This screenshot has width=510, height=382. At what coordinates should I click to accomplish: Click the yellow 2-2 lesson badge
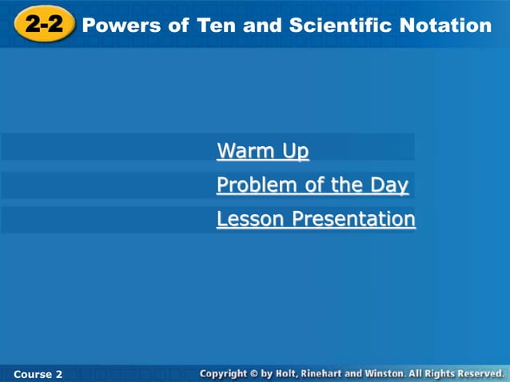(x=44, y=25)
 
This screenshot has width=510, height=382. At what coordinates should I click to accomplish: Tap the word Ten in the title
(x=215, y=26)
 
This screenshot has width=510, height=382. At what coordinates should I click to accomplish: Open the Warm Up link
(x=262, y=150)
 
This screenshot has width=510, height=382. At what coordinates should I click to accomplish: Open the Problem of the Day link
(x=312, y=185)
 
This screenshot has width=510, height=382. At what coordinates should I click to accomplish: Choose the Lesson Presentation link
(x=316, y=219)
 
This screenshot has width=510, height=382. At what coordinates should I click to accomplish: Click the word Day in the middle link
(x=388, y=185)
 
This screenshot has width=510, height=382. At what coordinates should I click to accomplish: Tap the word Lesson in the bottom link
(x=250, y=219)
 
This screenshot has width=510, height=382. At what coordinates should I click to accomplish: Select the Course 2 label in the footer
(x=38, y=374)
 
